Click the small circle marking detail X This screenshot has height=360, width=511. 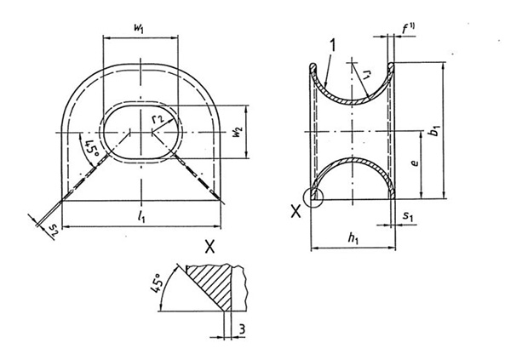pyautogui.click(x=316, y=197)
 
